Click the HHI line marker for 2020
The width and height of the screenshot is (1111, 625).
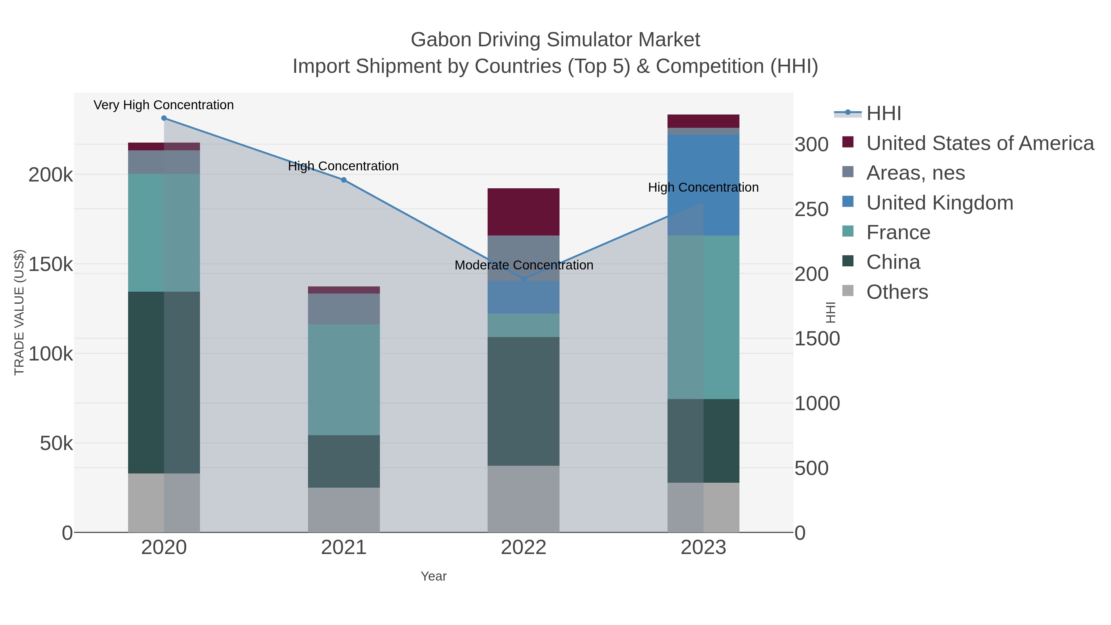click(164, 118)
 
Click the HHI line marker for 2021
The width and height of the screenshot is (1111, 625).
click(344, 180)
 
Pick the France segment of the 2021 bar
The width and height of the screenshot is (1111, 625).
click(344, 380)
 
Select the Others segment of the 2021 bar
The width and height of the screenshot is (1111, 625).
click(344, 510)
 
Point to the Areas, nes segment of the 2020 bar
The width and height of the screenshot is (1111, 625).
click(164, 162)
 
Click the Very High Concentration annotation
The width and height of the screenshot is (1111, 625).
click(164, 105)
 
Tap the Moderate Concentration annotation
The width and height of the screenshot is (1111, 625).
click(524, 265)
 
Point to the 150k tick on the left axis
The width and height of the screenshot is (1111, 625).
click(51, 265)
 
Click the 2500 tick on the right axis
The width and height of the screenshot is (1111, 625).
click(811, 210)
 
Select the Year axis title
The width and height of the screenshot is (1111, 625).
click(434, 576)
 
